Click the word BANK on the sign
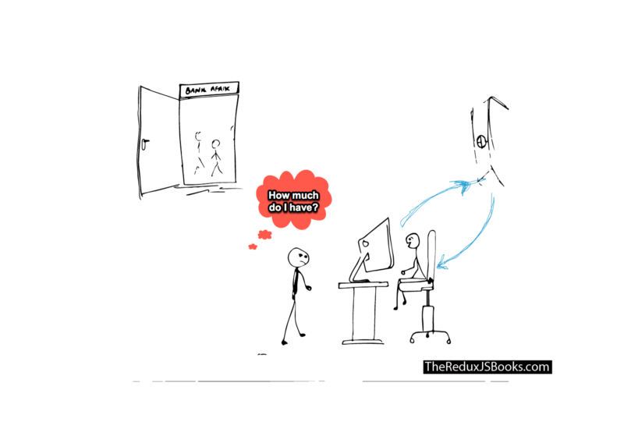pos(193,91)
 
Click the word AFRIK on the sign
pos(219,88)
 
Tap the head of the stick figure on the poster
pos(216,144)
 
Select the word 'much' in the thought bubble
pos(308,196)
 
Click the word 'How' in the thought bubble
pos(279,196)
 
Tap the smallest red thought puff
pos(253,246)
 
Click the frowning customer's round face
pos(298,257)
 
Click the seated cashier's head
pos(413,240)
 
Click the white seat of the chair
pos(415,287)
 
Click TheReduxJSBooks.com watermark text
pos(486,366)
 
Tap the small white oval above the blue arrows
pos(481,142)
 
